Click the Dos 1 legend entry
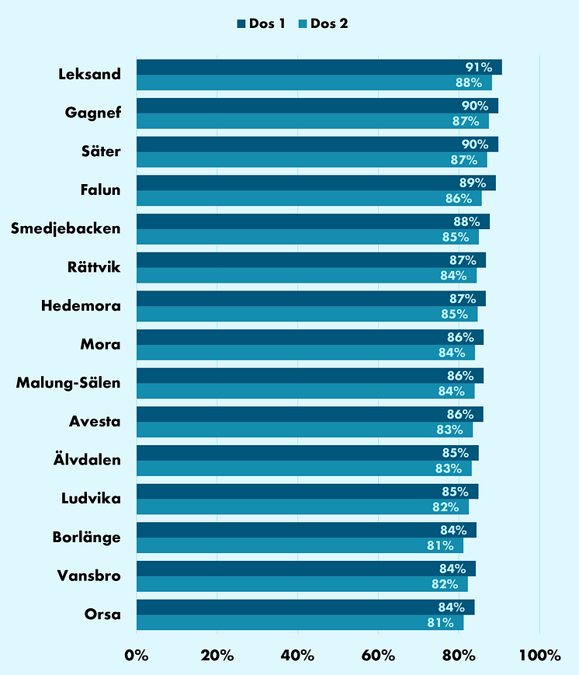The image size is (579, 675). (x=261, y=24)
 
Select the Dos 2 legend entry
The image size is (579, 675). (x=323, y=24)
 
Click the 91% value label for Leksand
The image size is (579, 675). (x=479, y=68)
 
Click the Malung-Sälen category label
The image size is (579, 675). (x=68, y=383)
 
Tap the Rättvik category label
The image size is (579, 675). (x=94, y=268)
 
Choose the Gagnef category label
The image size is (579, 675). (x=93, y=113)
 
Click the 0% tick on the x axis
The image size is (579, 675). (x=137, y=656)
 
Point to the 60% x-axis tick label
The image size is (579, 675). (x=378, y=656)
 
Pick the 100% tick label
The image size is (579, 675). (x=539, y=656)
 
